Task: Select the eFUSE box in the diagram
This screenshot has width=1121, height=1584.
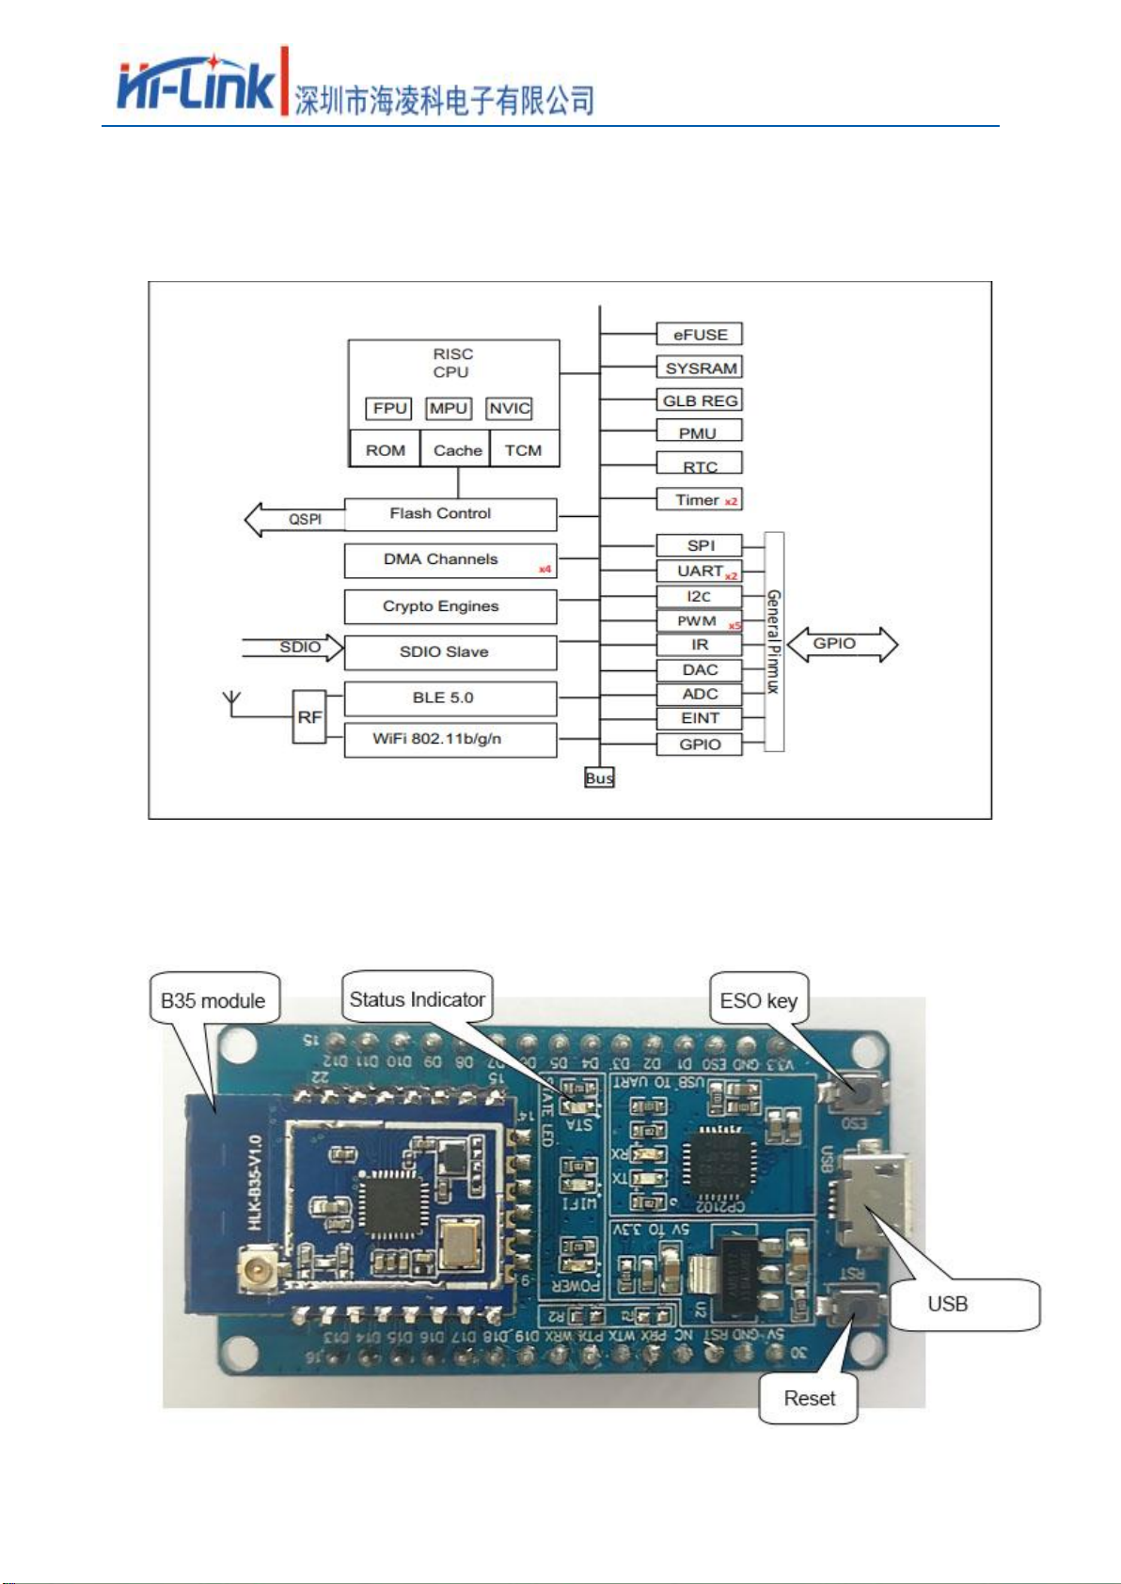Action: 699,334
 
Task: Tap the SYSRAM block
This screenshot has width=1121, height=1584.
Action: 699,368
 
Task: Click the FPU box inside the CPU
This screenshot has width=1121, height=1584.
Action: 389,408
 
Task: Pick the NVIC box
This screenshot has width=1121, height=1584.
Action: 509,408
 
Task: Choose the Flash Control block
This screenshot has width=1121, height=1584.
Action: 450,514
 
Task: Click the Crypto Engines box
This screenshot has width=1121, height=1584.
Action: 450,606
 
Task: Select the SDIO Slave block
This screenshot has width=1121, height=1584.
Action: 450,651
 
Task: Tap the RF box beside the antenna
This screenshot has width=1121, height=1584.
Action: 309,716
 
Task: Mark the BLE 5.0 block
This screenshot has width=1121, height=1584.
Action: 450,698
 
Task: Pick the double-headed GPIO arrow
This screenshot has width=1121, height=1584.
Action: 842,645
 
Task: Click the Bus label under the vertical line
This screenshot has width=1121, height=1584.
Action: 599,777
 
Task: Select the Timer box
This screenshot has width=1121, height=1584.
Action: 699,499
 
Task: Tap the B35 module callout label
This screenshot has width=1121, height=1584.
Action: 213,999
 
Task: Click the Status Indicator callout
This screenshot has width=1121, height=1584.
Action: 417,998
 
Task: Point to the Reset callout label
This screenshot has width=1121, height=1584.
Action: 809,1398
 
